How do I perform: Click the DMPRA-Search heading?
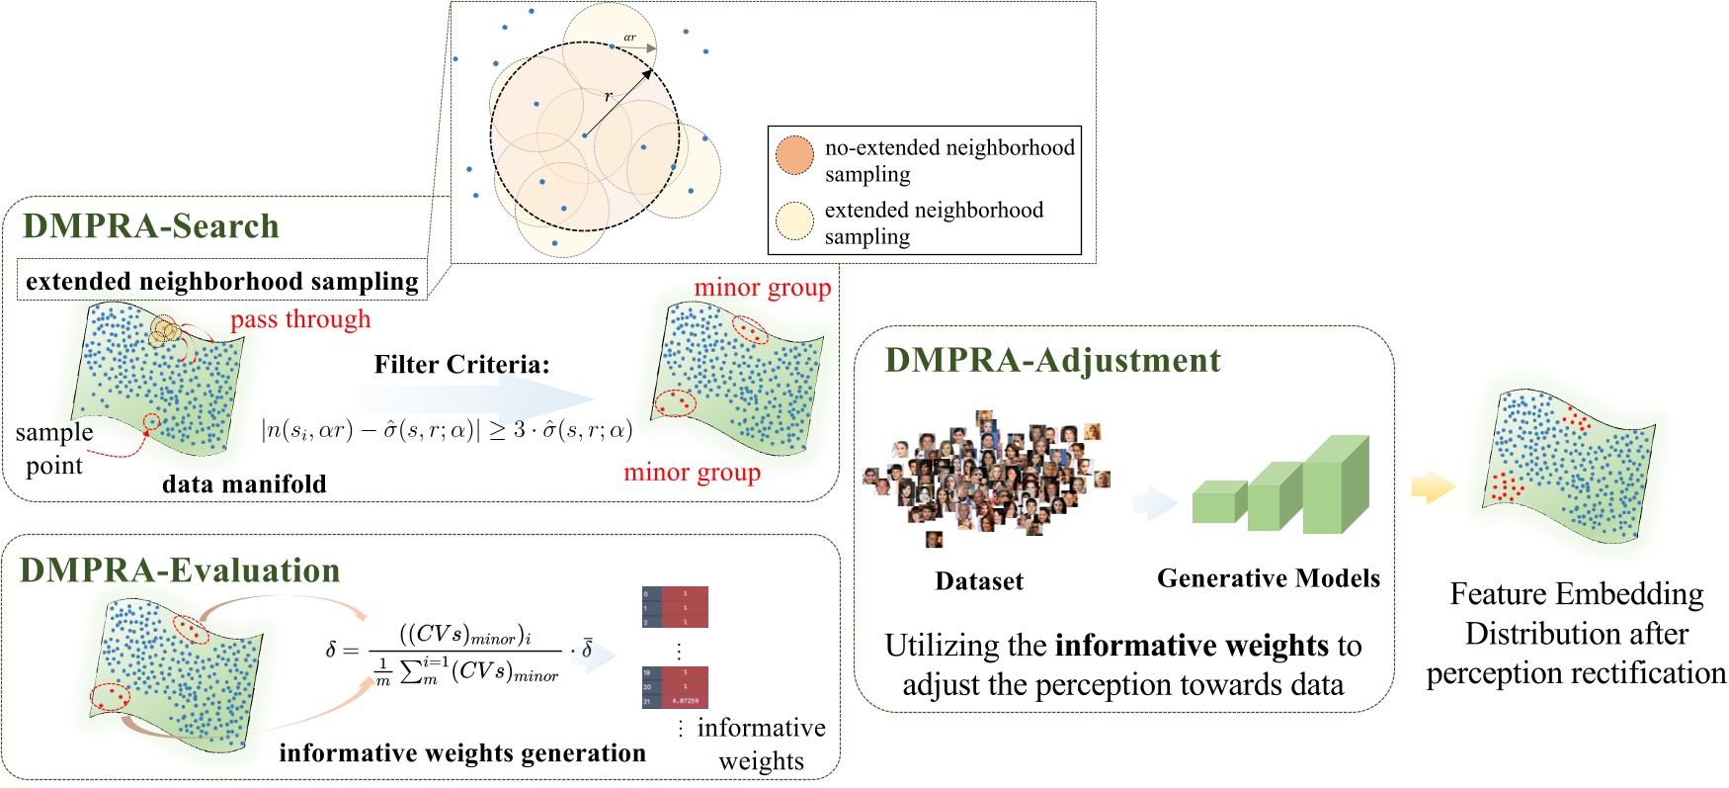coord(151,226)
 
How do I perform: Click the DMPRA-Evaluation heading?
coord(180,570)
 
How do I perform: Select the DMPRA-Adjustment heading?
coord(1052,360)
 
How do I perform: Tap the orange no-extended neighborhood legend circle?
coord(794,155)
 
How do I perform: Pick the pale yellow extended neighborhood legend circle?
coord(794,221)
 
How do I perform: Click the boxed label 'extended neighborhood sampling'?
coord(222,282)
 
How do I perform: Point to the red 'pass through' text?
coord(300,319)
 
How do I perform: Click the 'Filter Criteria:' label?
coord(461,365)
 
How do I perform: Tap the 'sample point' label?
coord(54,448)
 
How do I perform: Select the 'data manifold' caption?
coord(244,483)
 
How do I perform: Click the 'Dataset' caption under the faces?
coord(979,581)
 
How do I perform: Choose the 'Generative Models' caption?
coord(1269,578)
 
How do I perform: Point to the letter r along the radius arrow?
coord(609,96)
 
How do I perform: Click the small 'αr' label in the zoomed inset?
coord(629,38)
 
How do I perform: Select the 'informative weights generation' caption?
coord(462,753)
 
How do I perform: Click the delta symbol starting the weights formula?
coord(331,650)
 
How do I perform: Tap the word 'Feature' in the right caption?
coord(1496,594)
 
